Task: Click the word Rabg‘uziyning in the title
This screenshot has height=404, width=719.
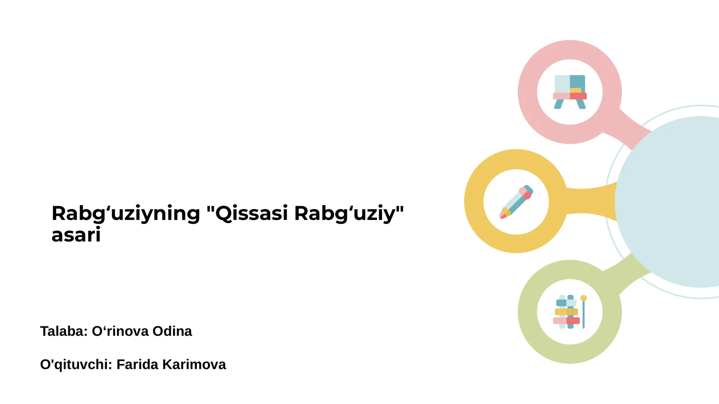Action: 126,214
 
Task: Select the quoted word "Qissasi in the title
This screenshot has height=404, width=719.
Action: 247,214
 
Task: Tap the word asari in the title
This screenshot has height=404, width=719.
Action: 76,235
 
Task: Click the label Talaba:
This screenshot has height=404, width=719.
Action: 64,331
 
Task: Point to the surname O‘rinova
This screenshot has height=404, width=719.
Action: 120,331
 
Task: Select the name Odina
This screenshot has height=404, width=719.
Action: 172,331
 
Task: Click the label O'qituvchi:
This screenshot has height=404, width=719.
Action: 76,364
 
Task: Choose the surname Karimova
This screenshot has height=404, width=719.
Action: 194,364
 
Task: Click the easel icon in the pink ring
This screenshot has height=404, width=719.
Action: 570,92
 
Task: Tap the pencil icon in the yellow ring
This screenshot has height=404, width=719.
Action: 516,202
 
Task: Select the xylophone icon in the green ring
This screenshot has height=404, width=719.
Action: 567,312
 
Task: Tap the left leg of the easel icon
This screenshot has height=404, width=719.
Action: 559,104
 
